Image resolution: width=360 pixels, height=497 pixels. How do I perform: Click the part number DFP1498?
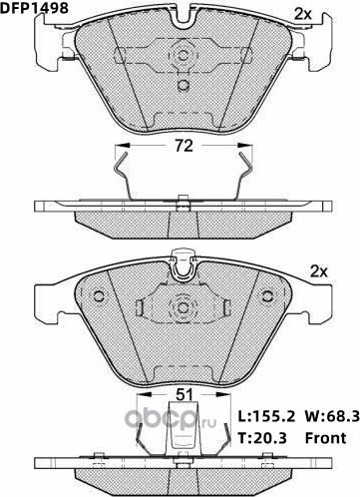[x=30, y=9]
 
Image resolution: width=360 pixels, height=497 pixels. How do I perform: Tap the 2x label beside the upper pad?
[x=302, y=13]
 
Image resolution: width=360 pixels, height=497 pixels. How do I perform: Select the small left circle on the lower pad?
[x=98, y=295]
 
